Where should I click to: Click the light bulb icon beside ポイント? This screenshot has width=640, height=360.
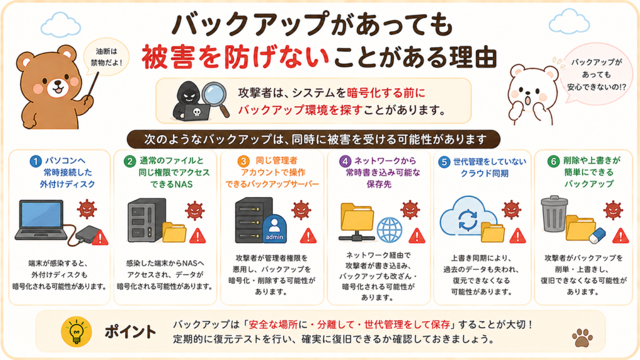[x=76, y=331]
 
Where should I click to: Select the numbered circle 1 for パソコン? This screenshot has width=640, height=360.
[x=36, y=161]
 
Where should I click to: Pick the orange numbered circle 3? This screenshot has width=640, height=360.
[x=243, y=161]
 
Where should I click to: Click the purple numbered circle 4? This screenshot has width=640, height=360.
[x=345, y=161]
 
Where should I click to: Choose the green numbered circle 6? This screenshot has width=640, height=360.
[x=554, y=161]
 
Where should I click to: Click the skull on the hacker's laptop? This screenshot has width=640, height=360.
[x=197, y=111]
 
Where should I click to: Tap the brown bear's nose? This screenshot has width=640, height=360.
[x=57, y=83]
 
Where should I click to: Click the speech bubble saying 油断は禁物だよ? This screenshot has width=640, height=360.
[x=106, y=57]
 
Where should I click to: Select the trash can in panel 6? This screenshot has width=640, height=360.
[x=554, y=218]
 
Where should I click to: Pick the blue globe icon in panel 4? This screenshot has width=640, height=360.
[x=389, y=229]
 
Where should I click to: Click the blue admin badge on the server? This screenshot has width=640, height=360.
[x=274, y=227]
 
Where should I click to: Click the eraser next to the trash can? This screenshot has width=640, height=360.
[x=597, y=236]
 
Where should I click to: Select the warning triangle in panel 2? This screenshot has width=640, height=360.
[x=197, y=236]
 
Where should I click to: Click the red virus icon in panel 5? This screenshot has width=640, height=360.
[x=511, y=209]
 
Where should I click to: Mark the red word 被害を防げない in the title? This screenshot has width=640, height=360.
[x=236, y=57]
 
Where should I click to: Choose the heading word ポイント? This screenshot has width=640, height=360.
[x=130, y=332]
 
